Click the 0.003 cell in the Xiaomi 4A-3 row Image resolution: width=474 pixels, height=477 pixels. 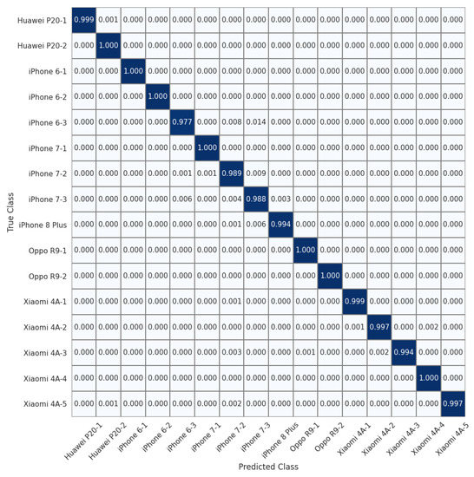coord(232,352)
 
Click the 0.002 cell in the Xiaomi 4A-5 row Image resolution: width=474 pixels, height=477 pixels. coord(232,403)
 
